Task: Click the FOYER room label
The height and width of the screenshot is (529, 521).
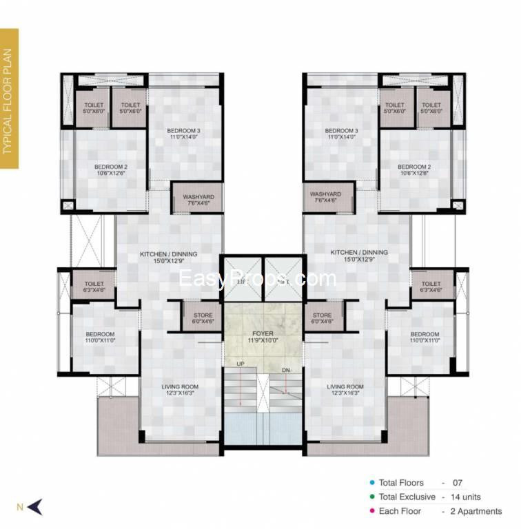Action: (x=263, y=334)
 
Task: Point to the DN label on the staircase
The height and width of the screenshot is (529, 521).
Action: (x=286, y=370)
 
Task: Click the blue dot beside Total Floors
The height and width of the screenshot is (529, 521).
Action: (x=371, y=483)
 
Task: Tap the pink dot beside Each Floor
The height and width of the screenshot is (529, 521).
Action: (x=371, y=511)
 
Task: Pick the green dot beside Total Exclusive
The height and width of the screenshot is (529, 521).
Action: (x=371, y=497)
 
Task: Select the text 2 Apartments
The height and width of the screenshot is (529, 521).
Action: (x=475, y=511)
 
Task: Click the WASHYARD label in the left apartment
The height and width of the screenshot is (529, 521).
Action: (x=198, y=197)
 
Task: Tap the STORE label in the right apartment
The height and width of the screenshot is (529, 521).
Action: (x=322, y=316)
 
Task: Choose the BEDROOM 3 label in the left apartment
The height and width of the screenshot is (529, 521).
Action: (x=183, y=131)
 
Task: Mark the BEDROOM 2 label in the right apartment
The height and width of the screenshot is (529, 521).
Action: (x=414, y=167)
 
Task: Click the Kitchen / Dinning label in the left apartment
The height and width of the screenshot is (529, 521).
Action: (x=168, y=254)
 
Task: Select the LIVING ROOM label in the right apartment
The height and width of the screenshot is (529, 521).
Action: (x=345, y=387)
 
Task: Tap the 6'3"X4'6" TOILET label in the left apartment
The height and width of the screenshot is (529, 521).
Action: (x=94, y=284)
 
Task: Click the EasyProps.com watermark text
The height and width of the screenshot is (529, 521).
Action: (x=257, y=278)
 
